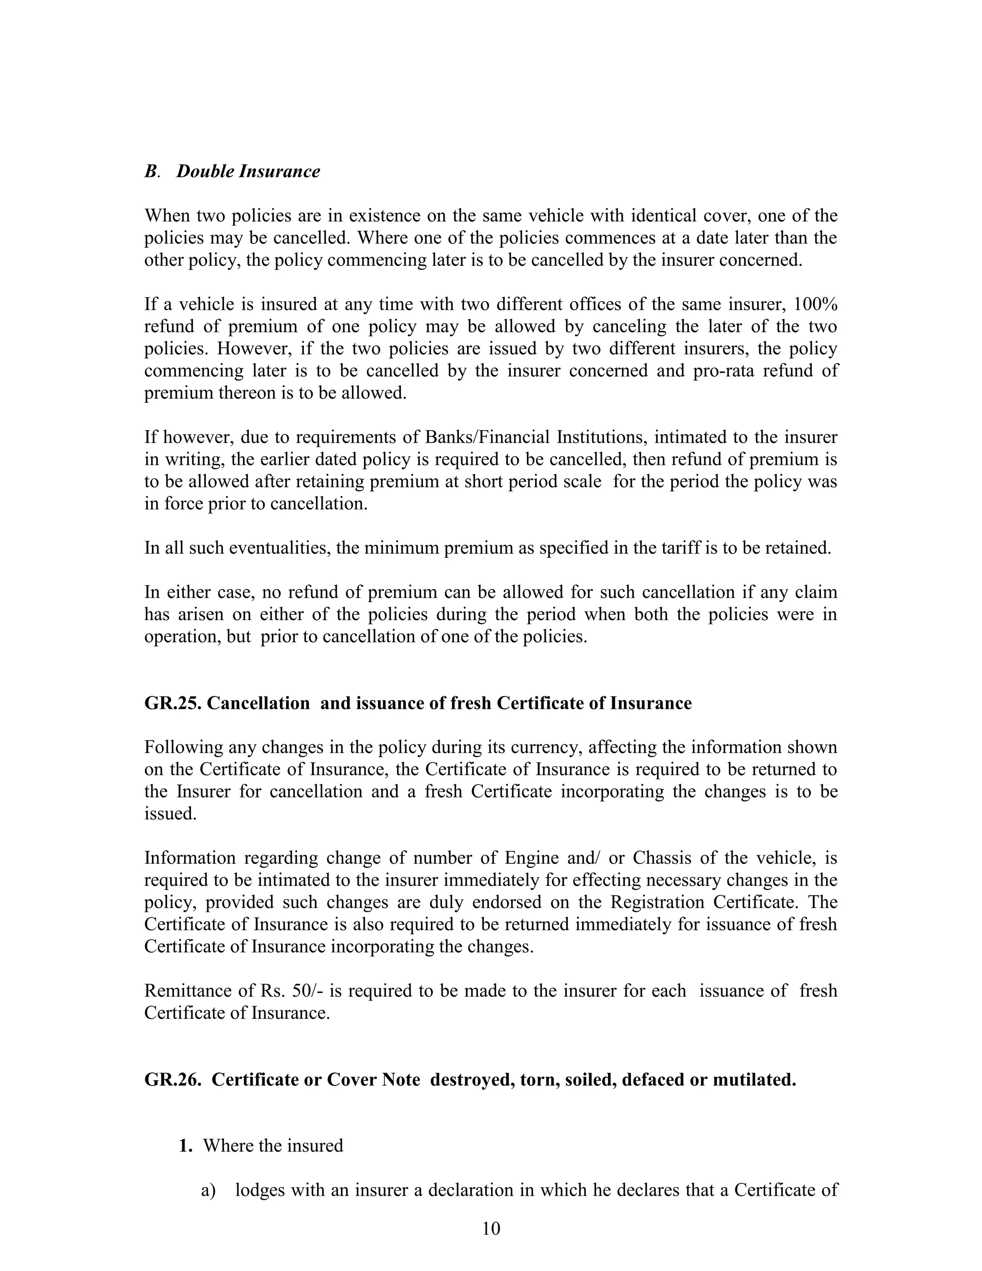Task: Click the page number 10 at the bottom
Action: point(491,1228)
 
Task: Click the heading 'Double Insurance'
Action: point(248,172)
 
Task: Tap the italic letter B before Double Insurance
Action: point(151,172)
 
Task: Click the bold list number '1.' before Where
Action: point(186,1146)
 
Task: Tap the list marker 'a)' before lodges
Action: point(208,1190)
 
